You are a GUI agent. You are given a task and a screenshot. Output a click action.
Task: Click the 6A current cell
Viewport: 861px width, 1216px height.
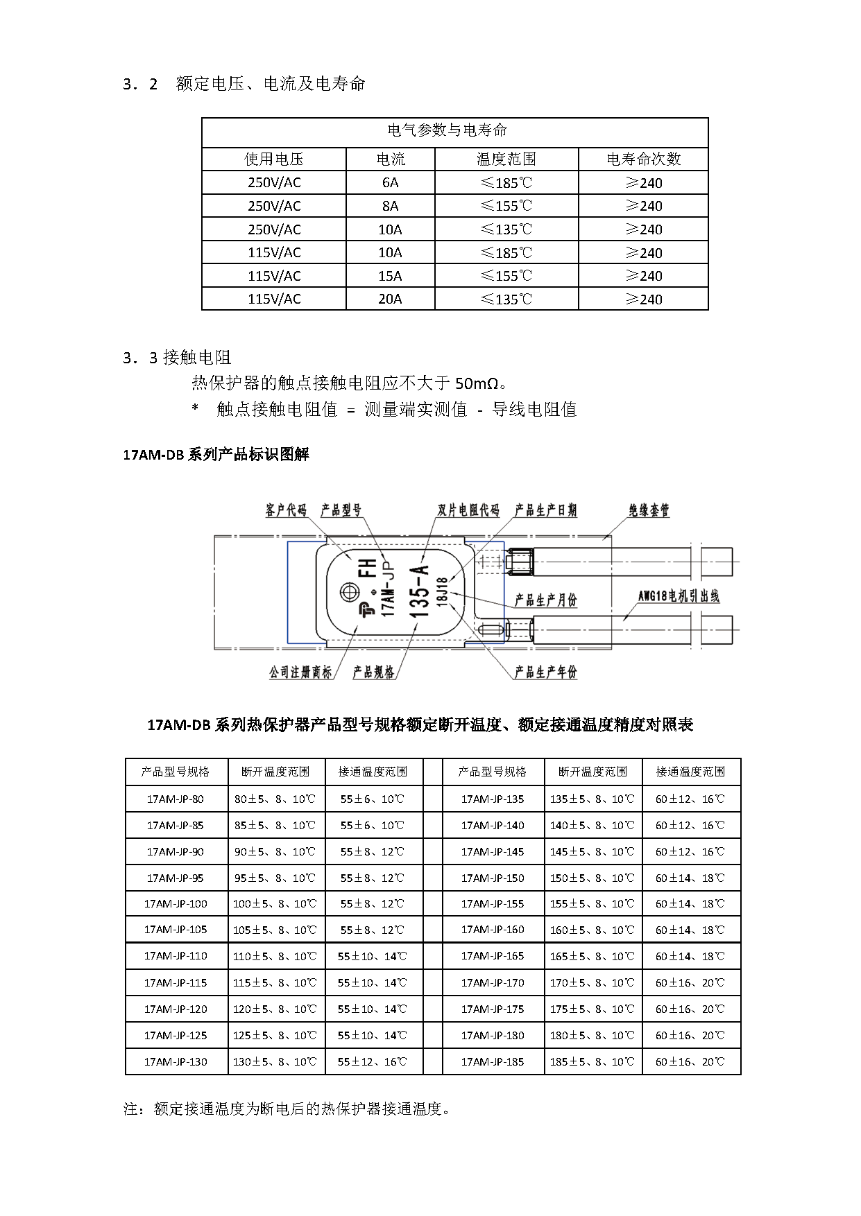coord(390,183)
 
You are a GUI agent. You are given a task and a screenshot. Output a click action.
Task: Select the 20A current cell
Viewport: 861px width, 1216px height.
coord(390,299)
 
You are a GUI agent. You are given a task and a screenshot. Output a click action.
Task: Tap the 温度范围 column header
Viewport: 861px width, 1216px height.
coord(506,159)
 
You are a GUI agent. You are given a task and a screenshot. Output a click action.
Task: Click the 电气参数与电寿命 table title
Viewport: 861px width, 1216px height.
coord(447,130)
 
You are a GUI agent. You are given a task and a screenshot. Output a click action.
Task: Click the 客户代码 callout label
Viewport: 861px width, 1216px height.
coord(286,511)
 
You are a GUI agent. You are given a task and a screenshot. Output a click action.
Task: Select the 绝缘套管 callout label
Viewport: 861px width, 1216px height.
coord(649,511)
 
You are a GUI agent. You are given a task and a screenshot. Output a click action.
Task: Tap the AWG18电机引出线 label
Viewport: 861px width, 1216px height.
coord(679,596)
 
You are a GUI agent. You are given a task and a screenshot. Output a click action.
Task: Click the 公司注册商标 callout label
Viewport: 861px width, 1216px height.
coord(300,672)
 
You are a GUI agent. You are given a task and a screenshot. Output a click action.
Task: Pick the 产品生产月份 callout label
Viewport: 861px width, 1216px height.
coord(546,600)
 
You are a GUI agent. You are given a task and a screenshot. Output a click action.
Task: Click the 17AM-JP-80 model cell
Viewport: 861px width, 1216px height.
coord(176,799)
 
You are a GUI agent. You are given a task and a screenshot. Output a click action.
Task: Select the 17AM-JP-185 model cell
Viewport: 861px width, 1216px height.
coord(493,1061)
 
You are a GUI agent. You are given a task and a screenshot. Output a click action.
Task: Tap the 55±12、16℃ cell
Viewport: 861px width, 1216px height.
coord(373,1061)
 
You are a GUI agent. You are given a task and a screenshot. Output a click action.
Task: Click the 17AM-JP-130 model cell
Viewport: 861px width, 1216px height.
coord(176,1061)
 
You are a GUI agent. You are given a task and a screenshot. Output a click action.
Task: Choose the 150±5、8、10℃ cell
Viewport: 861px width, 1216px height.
coord(592,878)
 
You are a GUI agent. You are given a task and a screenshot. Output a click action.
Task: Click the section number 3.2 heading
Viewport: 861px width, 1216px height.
coord(140,85)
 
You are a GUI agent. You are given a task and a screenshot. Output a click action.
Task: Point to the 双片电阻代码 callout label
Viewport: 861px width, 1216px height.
coord(469,511)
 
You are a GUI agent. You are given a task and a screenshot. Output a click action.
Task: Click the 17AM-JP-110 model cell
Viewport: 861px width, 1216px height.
coord(176,956)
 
